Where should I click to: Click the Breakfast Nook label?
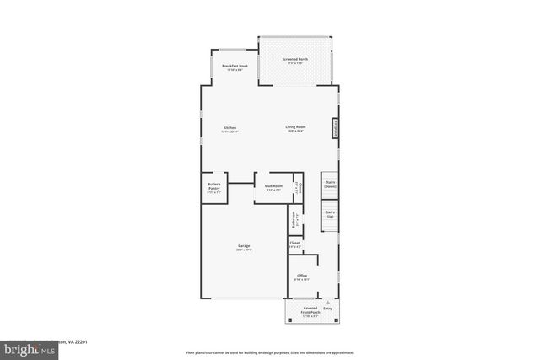click(x=235, y=67)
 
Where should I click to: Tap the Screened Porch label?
click(x=296, y=61)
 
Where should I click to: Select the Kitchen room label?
click(x=229, y=129)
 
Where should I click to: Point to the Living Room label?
click(x=294, y=128)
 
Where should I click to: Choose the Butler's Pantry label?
click(x=214, y=188)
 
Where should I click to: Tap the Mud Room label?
click(x=274, y=188)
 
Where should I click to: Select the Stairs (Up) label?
click(x=330, y=213)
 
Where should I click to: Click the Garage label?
click(x=243, y=247)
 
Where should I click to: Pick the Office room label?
click(x=301, y=277)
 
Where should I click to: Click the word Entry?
click(x=327, y=309)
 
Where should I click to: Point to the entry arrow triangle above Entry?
click(x=327, y=301)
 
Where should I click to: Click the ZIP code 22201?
click(x=81, y=342)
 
